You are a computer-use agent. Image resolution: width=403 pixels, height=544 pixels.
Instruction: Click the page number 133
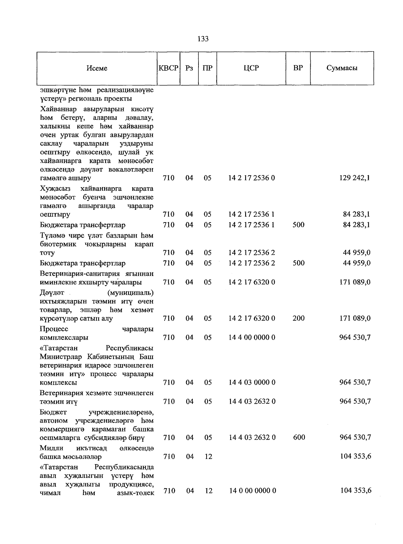click(x=203, y=39)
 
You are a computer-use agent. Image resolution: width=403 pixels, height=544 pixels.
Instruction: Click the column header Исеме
click(x=97, y=68)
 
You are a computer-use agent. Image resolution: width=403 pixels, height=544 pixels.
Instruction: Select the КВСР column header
click(x=168, y=68)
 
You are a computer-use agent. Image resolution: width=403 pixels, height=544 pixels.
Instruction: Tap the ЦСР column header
click(x=251, y=68)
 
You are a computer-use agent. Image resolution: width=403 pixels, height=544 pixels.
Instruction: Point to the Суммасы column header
click(x=342, y=68)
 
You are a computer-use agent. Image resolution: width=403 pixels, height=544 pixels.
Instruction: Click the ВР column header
click(x=298, y=68)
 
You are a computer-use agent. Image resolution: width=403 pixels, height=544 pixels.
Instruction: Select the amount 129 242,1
click(x=355, y=178)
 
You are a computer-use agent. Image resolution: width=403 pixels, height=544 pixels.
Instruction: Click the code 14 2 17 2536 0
click(x=252, y=178)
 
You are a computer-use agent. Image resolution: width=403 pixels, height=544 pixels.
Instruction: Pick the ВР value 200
click(x=298, y=318)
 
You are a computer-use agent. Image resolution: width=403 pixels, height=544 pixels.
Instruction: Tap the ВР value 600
click(x=299, y=437)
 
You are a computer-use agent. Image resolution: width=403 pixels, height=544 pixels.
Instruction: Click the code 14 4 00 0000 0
click(x=252, y=337)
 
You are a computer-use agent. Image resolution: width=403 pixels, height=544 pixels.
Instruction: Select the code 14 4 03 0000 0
click(x=252, y=382)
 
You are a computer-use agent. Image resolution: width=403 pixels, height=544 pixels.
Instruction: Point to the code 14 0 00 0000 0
click(x=253, y=491)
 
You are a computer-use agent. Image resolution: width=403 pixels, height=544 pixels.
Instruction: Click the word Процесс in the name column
click(x=54, y=329)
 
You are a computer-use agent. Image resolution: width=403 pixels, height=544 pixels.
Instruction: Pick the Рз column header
click(x=189, y=68)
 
